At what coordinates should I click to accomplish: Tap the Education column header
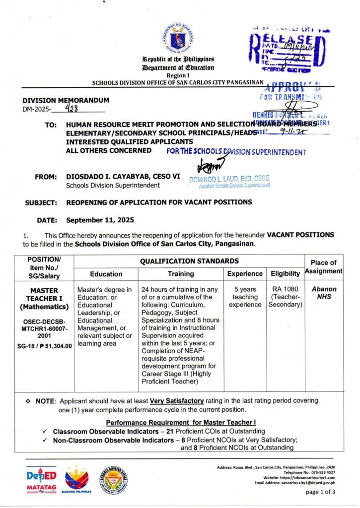tap(106, 273)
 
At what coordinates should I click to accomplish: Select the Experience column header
tap(245, 273)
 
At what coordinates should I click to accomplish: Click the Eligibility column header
tap(286, 273)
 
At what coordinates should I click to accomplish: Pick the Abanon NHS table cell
tap(324, 293)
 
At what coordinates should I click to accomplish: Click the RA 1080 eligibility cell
tap(286, 297)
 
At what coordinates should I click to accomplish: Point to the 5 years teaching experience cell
tap(245, 297)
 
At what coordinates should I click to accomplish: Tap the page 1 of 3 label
tap(320, 492)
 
